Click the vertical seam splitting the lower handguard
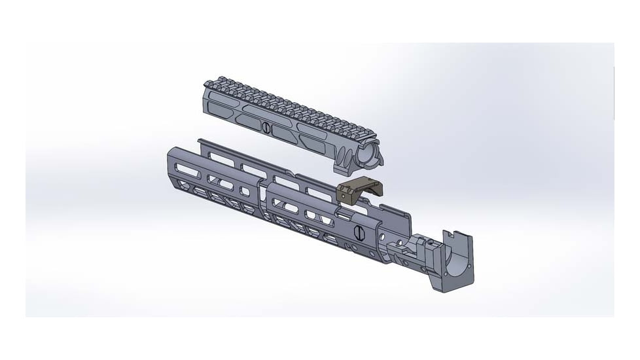263,196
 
